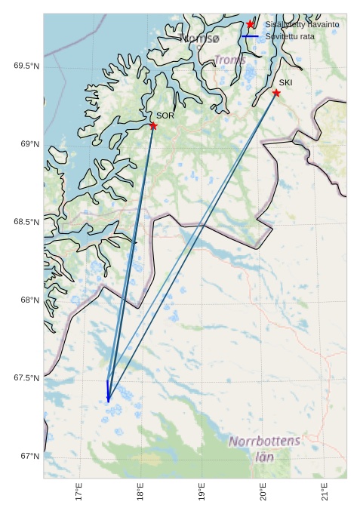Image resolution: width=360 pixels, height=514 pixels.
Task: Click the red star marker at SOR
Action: (153, 126)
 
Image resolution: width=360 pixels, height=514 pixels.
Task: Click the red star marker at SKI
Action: (276, 93)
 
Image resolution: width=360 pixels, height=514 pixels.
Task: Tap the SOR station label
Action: (165, 116)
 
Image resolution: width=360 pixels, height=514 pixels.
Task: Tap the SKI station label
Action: (285, 82)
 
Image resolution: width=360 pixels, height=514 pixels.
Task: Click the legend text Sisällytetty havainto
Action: (301, 25)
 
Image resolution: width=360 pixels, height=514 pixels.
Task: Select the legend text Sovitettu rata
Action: (290, 36)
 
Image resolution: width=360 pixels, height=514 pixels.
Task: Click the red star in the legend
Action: (250, 24)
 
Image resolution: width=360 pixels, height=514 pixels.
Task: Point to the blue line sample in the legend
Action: (250, 36)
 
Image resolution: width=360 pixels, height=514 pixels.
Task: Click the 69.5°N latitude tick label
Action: (26, 66)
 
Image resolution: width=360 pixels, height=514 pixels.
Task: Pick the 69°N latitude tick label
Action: (29, 144)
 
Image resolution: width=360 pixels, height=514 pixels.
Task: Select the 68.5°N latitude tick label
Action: (26, 222)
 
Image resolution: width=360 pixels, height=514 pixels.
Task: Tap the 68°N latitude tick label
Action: (29, 300)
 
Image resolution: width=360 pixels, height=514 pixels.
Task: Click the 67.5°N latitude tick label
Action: (26, 378)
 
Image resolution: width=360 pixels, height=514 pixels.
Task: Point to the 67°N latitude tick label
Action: (29, 456)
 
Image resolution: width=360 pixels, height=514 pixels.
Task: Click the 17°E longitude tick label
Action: (78, 492)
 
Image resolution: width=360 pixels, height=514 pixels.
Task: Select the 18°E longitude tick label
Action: (140, 492)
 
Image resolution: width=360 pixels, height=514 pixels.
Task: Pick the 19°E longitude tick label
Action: (202, 492)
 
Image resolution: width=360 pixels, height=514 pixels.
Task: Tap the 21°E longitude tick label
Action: (325, 492)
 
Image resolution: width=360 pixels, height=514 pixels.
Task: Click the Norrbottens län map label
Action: (264, 448)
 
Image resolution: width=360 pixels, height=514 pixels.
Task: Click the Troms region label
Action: (229, 59)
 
